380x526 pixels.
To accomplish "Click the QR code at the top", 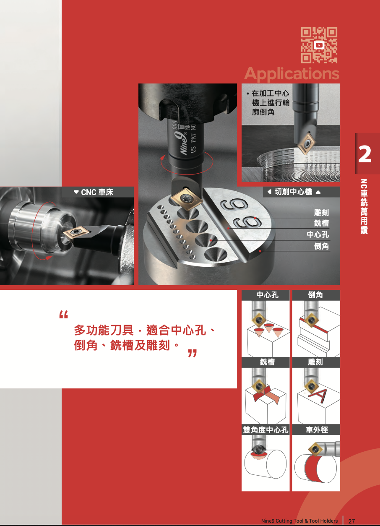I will point(319,45).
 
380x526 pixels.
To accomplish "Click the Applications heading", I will point(292,73).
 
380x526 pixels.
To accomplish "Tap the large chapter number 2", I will point(365,154).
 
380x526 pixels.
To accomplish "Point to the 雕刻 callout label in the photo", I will point(321,213).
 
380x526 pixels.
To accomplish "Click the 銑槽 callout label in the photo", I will point(321,224).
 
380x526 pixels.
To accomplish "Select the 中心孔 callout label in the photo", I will point(318,235).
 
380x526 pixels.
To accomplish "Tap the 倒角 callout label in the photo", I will point(321,246).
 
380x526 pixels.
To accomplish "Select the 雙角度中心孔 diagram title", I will point(265,430).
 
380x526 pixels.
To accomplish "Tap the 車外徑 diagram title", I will point(316,430).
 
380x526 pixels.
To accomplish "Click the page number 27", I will point(351,521).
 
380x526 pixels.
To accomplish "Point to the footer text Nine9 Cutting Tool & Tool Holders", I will point(299,521).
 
